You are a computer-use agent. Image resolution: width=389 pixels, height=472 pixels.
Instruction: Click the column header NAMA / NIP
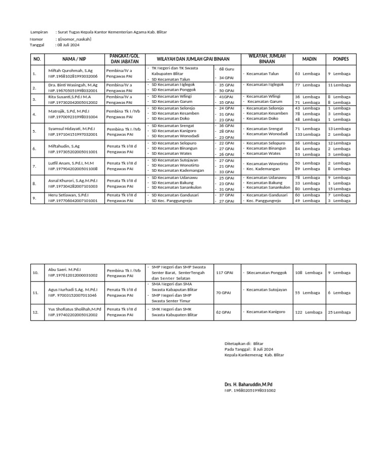click(x=74, y=59)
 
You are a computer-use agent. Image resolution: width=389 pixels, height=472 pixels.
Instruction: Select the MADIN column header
click(x=309, y=59)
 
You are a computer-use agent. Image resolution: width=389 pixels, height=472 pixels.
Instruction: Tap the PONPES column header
click(x=340, y=59)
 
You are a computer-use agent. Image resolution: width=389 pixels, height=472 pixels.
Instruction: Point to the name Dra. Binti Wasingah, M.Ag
click(x=72, y=85)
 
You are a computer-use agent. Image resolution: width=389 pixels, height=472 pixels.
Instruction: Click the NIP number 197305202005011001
click(x=73, y=151)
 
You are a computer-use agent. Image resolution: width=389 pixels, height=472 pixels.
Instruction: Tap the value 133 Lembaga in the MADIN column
click(x=307, y=135)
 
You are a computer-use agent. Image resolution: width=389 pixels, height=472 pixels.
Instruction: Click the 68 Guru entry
click(x=226, y=68)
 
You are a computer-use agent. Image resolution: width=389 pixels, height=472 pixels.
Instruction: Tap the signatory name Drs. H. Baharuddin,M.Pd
click(x=248, y=385)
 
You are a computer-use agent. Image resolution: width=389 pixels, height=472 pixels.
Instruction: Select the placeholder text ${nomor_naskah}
click(x=74, y=38)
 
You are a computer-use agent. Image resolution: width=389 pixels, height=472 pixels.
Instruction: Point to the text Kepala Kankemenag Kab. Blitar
click(x=254, y=355)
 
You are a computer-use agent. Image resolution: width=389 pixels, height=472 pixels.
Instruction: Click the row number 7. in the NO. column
click(x=34, y=166)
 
